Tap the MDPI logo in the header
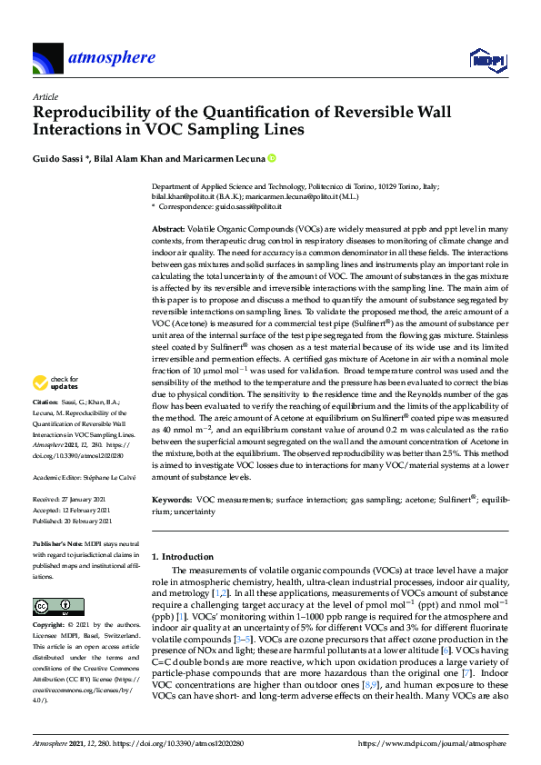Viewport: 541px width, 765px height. click(486, 60)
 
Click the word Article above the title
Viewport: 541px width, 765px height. click(45, 96)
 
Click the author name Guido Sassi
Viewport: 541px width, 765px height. click(60, 158)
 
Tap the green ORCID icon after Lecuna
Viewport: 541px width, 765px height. click(271, 158)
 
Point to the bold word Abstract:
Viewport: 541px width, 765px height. click(169, 230)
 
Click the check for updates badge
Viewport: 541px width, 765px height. click(56, 409)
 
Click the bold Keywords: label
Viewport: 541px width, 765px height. click(171, 499)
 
